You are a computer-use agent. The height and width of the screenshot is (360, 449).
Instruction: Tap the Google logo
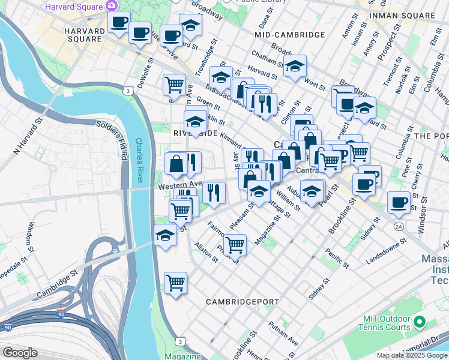click(x=20, y=353)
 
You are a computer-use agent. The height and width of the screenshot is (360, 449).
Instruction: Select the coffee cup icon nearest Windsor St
click(x=399, y=202)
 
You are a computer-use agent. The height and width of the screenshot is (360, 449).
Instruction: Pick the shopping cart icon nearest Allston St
click(x=235, y=244)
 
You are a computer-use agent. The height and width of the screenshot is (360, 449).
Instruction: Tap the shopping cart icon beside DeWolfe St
click(x=174, y=83)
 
